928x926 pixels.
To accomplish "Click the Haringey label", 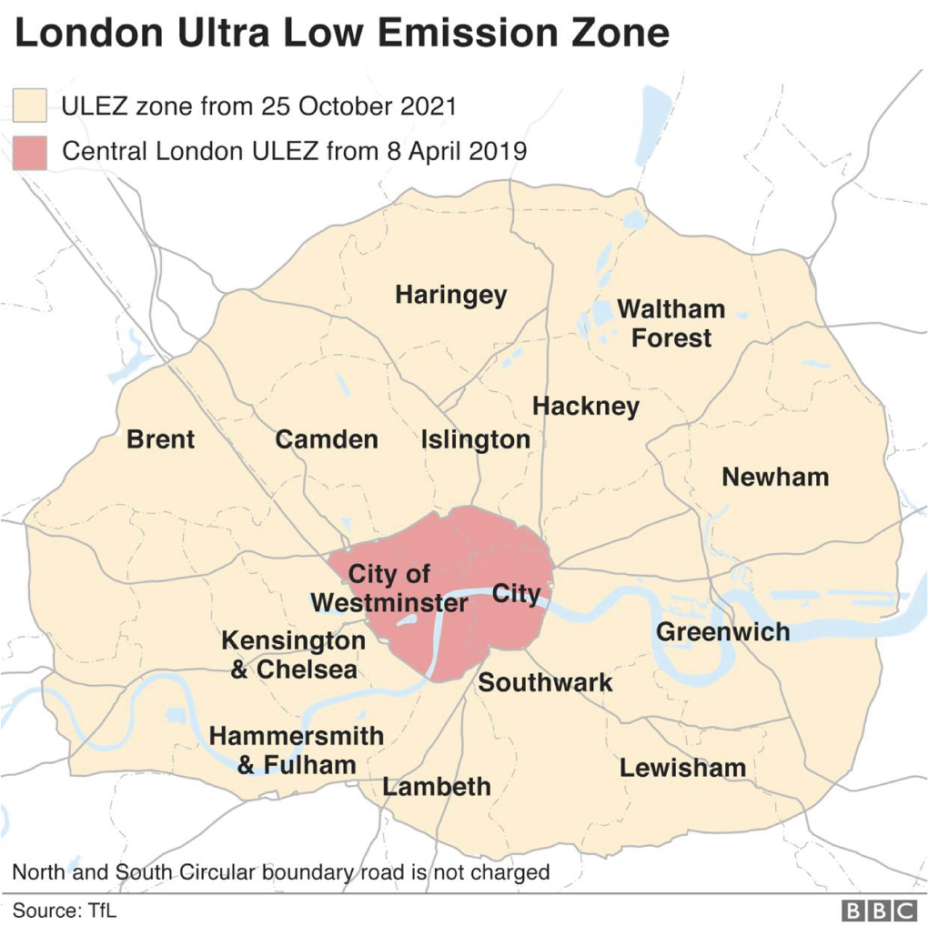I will pos(450,296).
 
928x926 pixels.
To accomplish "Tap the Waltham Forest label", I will pos(671,324).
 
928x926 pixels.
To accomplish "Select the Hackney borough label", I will pos(586,406).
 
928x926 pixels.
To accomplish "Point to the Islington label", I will pos(475,440).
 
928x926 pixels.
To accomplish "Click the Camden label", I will pos(327,440).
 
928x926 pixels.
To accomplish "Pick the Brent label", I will pos(160,439).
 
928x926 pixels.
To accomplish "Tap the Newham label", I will pos(775,477).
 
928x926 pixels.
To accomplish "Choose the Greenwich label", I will pos(722,631).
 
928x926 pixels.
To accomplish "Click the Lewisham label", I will pos(682,768).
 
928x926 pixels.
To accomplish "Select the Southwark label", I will pos(545,682).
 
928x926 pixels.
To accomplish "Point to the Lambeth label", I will pos(437,787).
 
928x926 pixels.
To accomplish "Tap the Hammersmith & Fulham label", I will pos(297,750).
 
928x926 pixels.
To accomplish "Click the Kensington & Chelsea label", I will pos(293,655).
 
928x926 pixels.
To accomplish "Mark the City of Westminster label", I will pos(389,589).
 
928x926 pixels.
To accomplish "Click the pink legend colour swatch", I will pos(29,152).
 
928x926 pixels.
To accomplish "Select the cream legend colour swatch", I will pos(29,106).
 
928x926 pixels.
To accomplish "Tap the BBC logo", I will pos(879,910).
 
